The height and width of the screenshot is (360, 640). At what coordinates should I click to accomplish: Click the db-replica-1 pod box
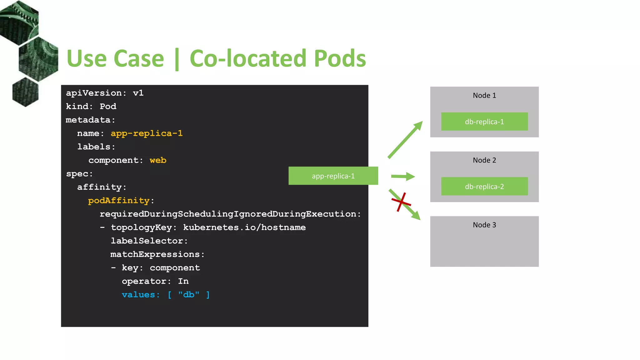coord(484,122)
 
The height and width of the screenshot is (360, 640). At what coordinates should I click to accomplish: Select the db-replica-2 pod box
coord(484,187)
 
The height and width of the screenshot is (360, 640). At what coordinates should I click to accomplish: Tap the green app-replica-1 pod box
coord(333,176)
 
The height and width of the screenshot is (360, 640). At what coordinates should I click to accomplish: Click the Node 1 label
coord(484,96)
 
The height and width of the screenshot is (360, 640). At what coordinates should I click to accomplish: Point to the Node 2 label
coord(484,160)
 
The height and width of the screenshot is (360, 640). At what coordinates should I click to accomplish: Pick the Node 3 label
coord(484,225)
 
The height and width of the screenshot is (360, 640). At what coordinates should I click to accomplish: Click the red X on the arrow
coord(401,202)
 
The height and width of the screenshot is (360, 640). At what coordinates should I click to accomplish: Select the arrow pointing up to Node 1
coord(405,140)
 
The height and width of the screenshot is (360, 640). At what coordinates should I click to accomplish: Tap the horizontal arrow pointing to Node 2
coord(402,177)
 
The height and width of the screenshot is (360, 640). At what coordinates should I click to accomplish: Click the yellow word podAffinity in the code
coord(119,201)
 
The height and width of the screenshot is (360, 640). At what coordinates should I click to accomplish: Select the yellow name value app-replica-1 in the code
coord(147,133)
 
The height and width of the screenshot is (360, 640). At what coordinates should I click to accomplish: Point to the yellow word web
coord(158,160)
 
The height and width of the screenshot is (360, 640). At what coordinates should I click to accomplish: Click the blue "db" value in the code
coord(188,295)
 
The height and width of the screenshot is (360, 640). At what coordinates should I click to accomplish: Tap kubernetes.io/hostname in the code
coord(244,227)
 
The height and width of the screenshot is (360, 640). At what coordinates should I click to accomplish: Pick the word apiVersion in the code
coord(94,93)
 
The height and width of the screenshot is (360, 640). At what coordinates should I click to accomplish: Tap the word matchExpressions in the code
coord(155,254)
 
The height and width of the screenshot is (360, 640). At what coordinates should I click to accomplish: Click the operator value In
coord(183,281)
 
